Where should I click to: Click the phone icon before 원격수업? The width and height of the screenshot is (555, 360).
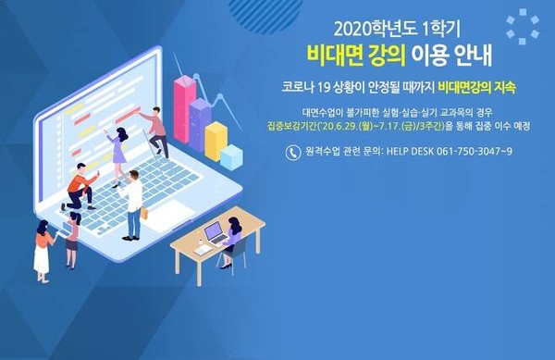[x=293, y=152]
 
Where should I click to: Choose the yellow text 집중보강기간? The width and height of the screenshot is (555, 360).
[x=310, y=129]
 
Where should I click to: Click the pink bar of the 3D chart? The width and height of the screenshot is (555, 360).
[x=185, y=95]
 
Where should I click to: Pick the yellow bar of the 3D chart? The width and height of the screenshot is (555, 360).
[x=216, y=140]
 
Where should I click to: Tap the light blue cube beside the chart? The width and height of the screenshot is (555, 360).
[x=231, y=156]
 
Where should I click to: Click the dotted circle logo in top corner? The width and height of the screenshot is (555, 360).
[x=522, y=26]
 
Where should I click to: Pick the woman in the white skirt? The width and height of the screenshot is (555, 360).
[x=43, y=250]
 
